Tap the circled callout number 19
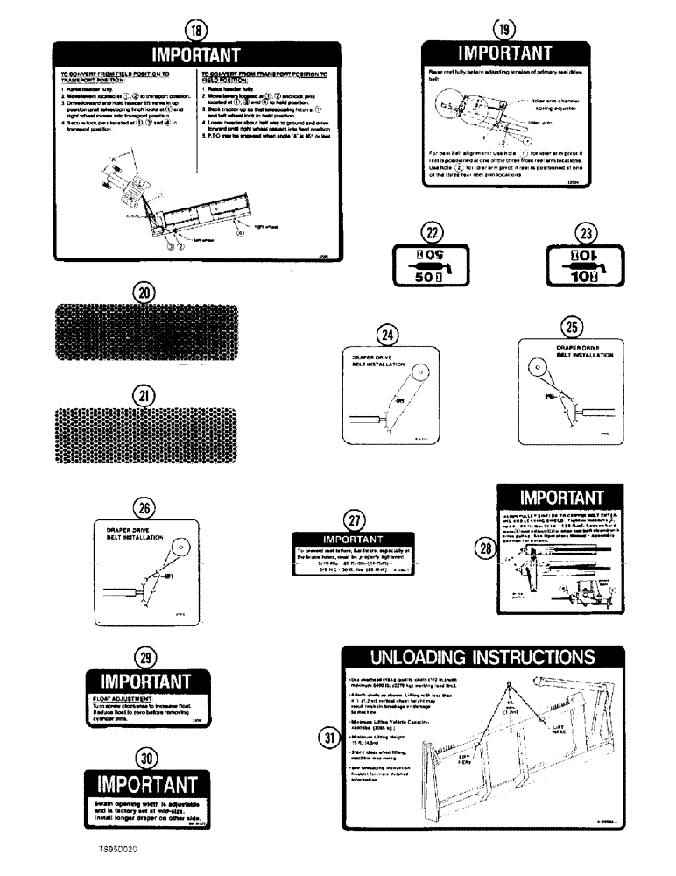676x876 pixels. pos(503,28)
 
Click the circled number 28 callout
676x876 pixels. pos(482,549)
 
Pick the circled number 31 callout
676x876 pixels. pos(328,738)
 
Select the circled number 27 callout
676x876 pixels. pos(352,519)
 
